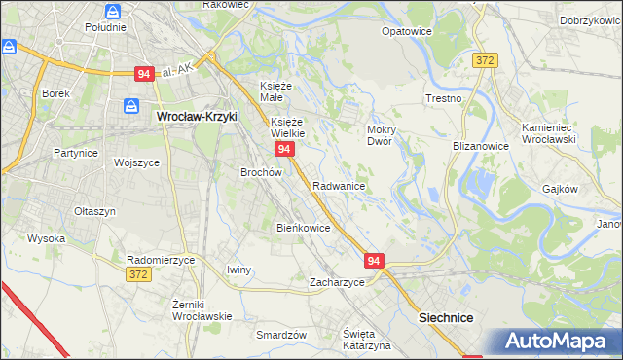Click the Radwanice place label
339,186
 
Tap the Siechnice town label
445,317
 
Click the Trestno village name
444,99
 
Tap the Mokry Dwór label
379,134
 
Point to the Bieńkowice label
304,228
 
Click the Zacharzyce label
337,282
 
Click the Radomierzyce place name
162,260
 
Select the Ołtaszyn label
95,211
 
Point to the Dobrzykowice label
591,20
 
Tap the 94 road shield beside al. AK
144,73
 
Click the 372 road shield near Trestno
486,59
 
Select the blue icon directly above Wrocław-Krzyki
131,105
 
